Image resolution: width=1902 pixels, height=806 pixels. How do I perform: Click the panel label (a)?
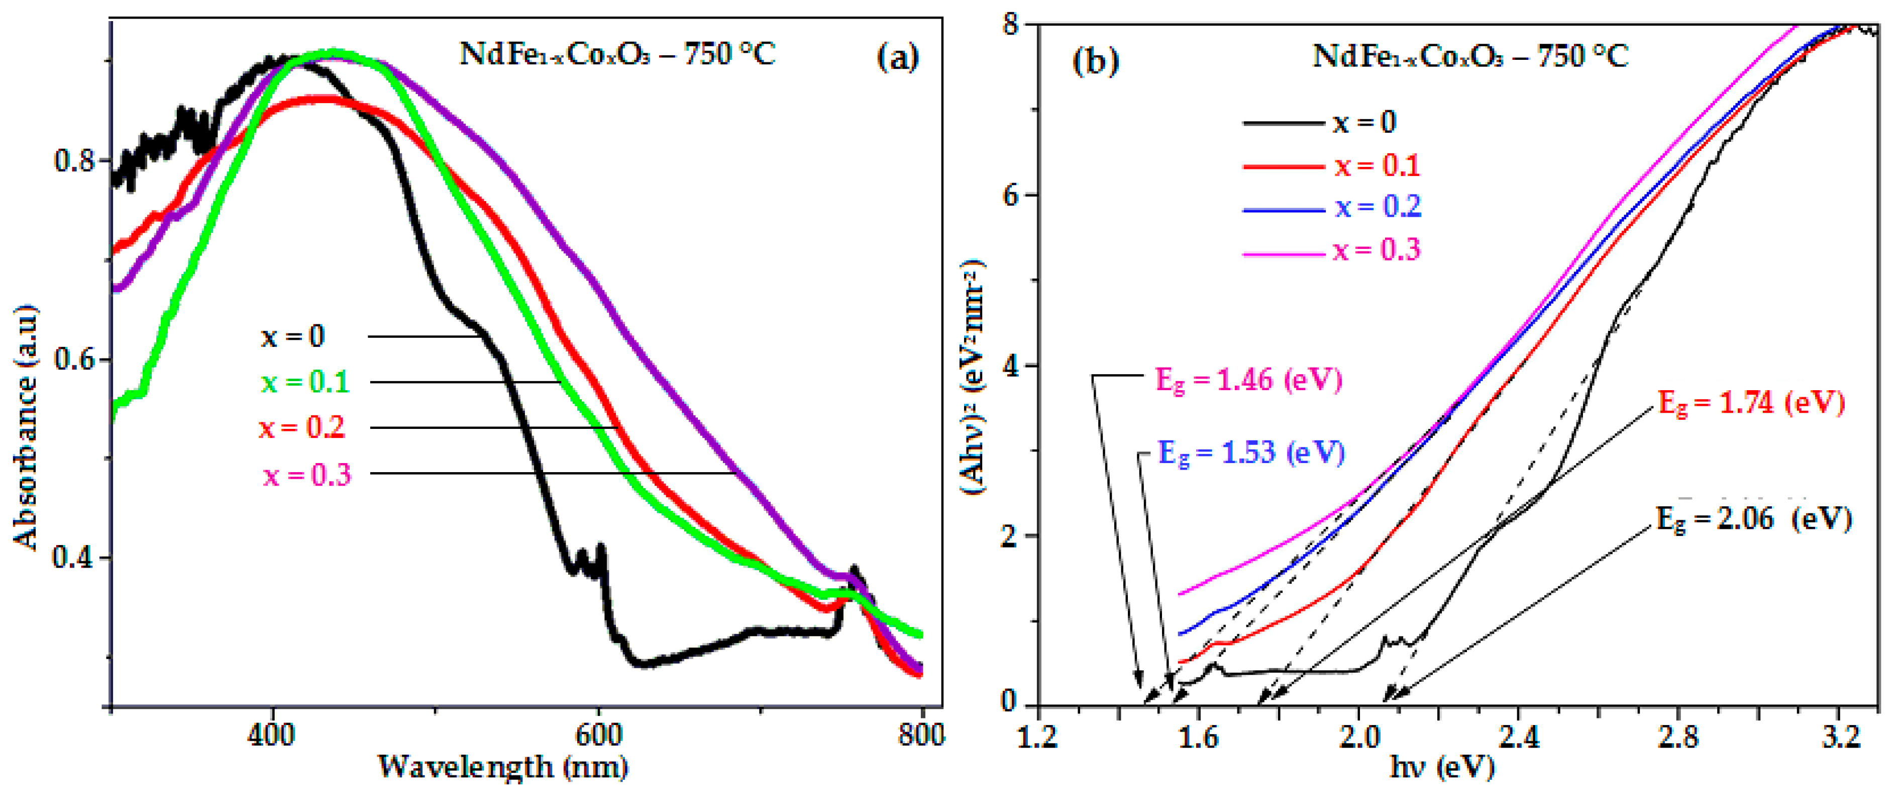click(x=897, y=56)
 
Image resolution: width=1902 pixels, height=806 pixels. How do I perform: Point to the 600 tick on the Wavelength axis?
click(x=597, y=735)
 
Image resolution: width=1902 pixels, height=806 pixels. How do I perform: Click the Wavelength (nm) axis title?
click(x=503, y=767)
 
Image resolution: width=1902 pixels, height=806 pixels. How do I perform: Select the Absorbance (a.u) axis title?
click(x=25, y=428)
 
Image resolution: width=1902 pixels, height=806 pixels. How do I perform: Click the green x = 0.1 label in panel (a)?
click(x=304, y=382)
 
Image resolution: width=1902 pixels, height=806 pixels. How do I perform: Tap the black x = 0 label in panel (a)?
click(x=292, y=337)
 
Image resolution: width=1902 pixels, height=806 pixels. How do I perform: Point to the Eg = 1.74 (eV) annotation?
click(x=1751, y=403)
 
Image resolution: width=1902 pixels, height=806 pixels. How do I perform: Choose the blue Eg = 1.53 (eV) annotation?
click(x=1251, y=452)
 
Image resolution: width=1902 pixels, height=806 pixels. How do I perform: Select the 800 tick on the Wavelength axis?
click(x=921, y=735)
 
